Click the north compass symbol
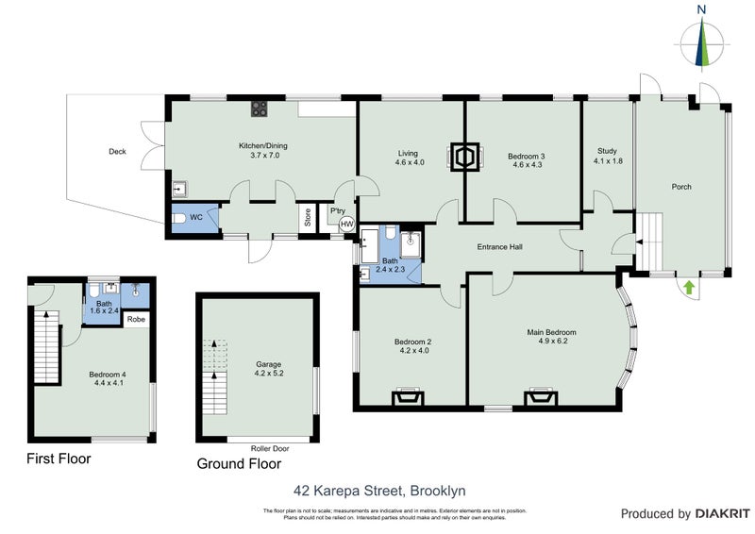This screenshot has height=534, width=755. coord(701,42)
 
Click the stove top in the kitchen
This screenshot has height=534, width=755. coord(260,109)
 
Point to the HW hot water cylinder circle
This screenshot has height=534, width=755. coord(346,225)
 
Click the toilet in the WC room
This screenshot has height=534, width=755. coord(178,219)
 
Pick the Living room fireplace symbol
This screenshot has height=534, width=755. coord(464,156)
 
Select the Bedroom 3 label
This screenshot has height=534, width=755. coord(527,157)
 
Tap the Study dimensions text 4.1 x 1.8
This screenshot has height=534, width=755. coord(607,161)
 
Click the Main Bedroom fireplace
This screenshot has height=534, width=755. coord(542,396)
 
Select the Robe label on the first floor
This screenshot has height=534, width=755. coord(136,320)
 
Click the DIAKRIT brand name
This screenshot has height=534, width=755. coord(721,514)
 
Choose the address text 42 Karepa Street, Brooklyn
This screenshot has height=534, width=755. coord(377,491)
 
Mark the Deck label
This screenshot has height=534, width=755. coord(117,151)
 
